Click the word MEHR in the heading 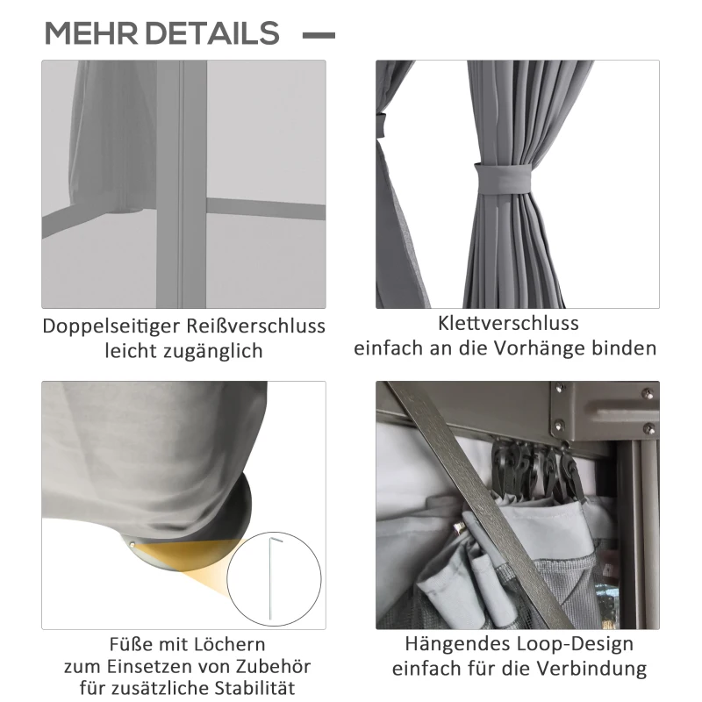pos(91,33)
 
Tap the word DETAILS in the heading pos(212,33)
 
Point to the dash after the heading pos(319,35)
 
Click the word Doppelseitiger pos(112,326)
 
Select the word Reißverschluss pos(256,326)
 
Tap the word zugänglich pos(213,351)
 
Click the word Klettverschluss pos(508,323)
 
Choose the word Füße pos(131,645)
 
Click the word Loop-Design pos(576,645)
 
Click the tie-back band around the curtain pos(503,178)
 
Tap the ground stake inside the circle pos(273,578)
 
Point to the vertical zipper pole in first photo pos(182,184)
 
